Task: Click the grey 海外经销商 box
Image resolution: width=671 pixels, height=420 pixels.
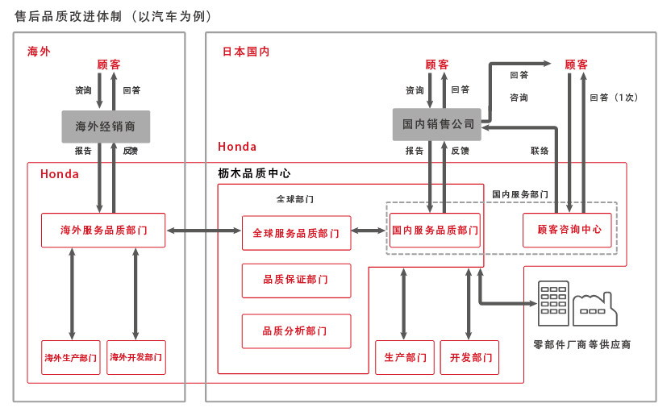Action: [106, 127]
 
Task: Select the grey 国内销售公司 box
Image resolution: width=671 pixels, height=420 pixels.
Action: [436, 124]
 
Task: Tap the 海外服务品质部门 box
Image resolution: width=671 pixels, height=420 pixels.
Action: [103, 230]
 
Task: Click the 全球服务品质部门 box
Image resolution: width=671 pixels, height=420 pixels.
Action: [296, 233]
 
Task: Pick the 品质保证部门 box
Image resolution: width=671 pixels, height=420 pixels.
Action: [296, 280]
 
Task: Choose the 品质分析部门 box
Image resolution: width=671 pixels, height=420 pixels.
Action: [296, 331]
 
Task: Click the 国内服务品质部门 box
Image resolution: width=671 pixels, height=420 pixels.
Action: [436, 230]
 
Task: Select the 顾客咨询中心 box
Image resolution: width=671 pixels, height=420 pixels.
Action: [569, 230]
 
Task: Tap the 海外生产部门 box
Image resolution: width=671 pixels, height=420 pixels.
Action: [71, 357]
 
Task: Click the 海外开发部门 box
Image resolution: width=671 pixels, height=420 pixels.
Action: [136, 357]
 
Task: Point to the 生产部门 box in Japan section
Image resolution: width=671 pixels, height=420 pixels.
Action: [405, 357]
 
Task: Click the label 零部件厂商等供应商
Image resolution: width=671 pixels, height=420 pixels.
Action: [581, 344]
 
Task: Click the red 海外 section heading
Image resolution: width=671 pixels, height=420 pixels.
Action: [39, 51]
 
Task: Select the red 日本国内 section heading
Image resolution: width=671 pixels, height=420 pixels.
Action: [246, 51]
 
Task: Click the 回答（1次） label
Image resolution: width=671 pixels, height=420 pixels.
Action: [614, 98]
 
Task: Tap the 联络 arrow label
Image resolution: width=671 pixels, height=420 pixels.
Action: [540, 151]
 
